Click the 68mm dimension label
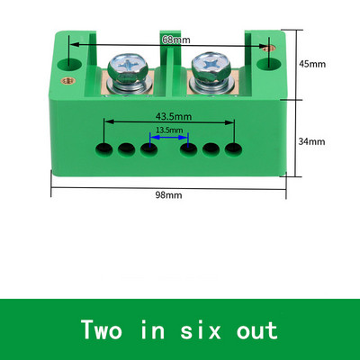coord(176,40)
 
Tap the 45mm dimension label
coord(312,64)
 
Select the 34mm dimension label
coord(311,141)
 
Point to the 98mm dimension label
coord(168,195)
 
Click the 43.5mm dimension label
coord(174,116)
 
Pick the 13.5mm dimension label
coord(169,130)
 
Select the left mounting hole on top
coord(69,64)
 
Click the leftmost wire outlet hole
coord(104,148)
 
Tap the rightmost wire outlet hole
coord(234,148)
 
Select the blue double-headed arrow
coord(169,138)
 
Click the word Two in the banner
coord(102,329)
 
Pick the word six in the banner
coord(201,329)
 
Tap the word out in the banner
coord(257,330)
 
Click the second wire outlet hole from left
coord(126,148)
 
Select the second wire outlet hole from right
coord(211,148)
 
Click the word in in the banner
coord(153,329)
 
